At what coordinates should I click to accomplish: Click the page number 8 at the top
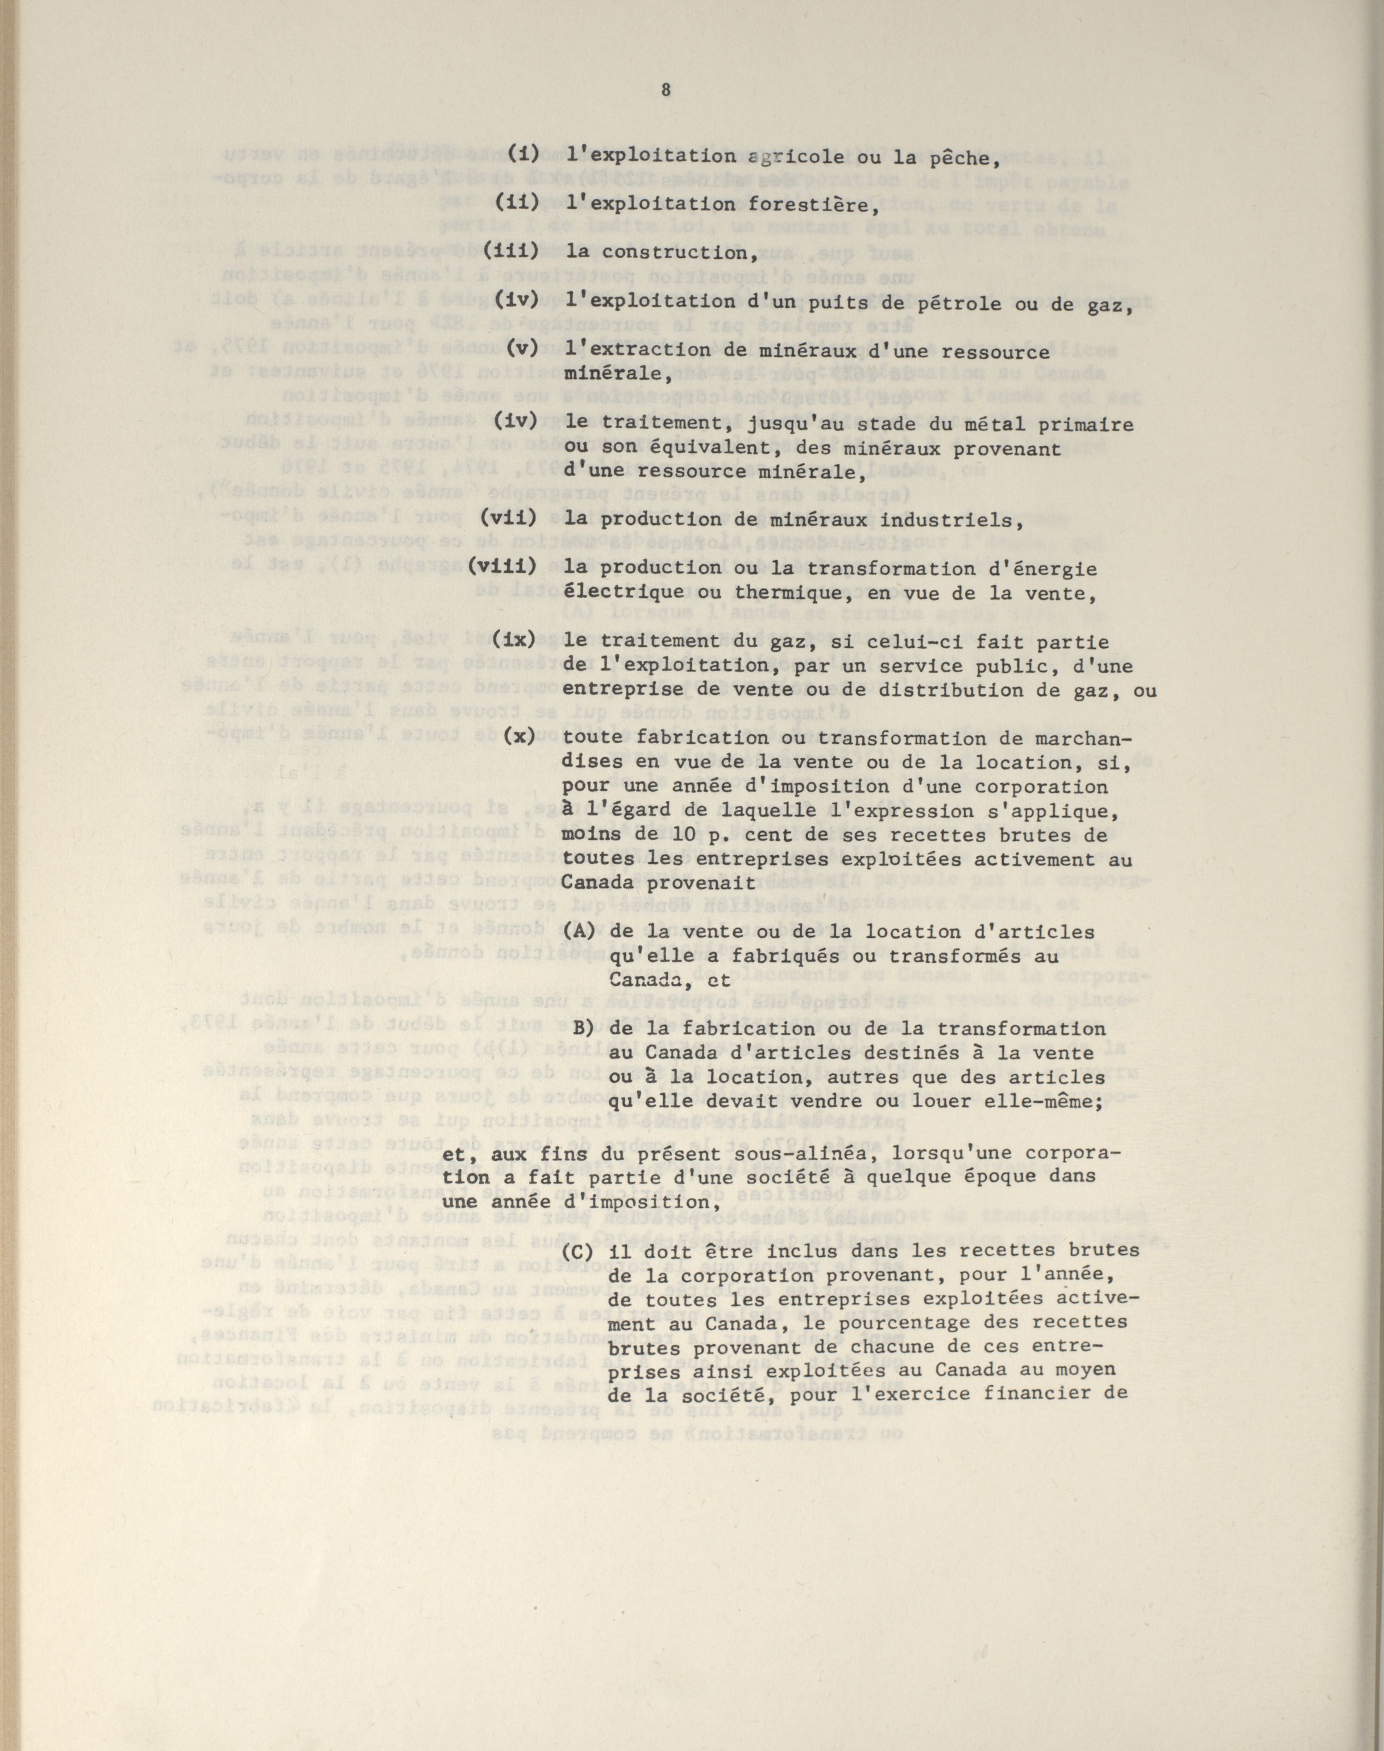tap(666, 91)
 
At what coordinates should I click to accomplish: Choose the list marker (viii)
tap(503, 568)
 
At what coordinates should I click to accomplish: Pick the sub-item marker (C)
tap(580, 1249)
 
